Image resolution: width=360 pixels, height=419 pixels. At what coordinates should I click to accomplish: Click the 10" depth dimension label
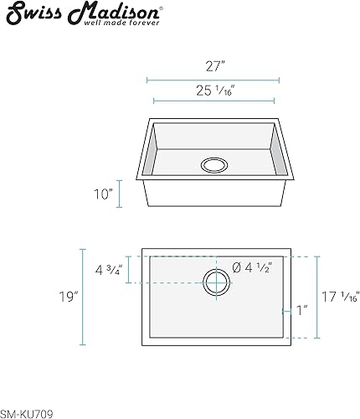pyautogui.click(x=103, y=194)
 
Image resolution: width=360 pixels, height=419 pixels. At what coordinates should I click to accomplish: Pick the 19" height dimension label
pyautogui.click(x=68, y=296)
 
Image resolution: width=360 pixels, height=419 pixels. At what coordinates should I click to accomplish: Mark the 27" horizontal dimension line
pyautogui.click(x=213, y=81)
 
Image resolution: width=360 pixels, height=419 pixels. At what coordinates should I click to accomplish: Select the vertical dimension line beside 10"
pyautogui.click(x=120, y=194)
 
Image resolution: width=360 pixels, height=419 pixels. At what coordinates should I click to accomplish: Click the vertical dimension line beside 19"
pyautogui.click(x=82, y=296)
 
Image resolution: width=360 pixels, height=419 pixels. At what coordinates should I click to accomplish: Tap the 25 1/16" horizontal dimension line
pyautogui.click(x=213, y=101)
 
